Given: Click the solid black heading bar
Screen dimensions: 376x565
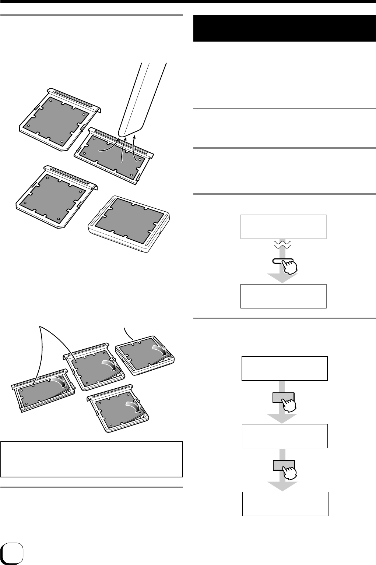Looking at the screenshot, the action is click(284, 28).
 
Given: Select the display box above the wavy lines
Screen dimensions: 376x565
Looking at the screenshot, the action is click(283, 226).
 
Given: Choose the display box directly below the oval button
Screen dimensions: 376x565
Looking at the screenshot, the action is click(283, 296).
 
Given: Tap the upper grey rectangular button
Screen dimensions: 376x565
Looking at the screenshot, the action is click(283, 398).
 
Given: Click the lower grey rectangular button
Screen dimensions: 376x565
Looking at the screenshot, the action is click(283, 466).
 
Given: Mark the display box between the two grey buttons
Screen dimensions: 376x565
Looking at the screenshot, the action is click(284, 436).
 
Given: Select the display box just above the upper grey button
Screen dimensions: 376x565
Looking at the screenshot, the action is click(284, 368).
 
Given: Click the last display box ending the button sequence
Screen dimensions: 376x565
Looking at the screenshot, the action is click(285, 504).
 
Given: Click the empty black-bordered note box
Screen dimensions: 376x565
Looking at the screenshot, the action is click(92, 459).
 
